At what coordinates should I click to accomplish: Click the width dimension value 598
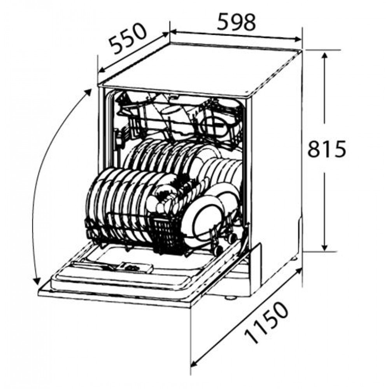click(x=236, y=22)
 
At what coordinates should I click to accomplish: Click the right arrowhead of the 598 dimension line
click(x=298, y=39)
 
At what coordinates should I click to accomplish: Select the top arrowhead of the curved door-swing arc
click(x=88, y=92)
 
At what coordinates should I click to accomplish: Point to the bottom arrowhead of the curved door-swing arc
click(x=37, y=281)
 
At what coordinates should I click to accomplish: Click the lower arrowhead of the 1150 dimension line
click(x=194, y=363)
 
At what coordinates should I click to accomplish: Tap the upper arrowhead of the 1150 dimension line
click(x=298, y=272)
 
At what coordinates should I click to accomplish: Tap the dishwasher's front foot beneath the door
click(x=230, y=297)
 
